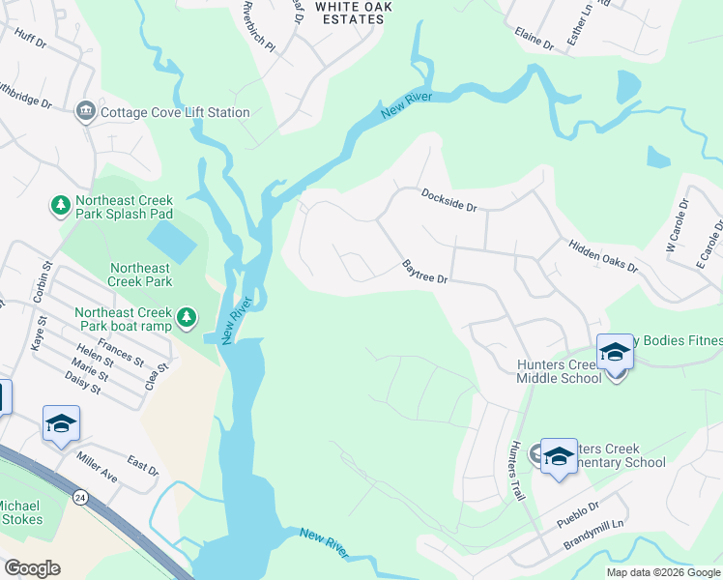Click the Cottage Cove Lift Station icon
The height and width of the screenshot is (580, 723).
click(x=86, y=112)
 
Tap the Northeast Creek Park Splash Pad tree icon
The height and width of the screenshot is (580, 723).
click(x=61, y=205)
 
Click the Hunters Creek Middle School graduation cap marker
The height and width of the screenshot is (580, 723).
click(x=615, y=353)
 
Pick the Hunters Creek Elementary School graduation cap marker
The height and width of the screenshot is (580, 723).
click(x=559, y=457)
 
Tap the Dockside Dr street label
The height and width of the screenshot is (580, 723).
click(x=449, y=200)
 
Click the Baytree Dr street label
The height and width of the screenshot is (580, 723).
click(x=425, y=272)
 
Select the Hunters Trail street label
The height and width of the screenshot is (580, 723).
click(x=515, y=471)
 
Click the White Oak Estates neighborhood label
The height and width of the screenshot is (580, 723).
click(x=354, y=13)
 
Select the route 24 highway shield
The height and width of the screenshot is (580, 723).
click(x=80, y=497)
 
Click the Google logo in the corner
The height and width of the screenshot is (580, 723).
click(x=32, y=568)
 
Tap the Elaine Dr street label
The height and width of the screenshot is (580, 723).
click(x=534, y=40)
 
